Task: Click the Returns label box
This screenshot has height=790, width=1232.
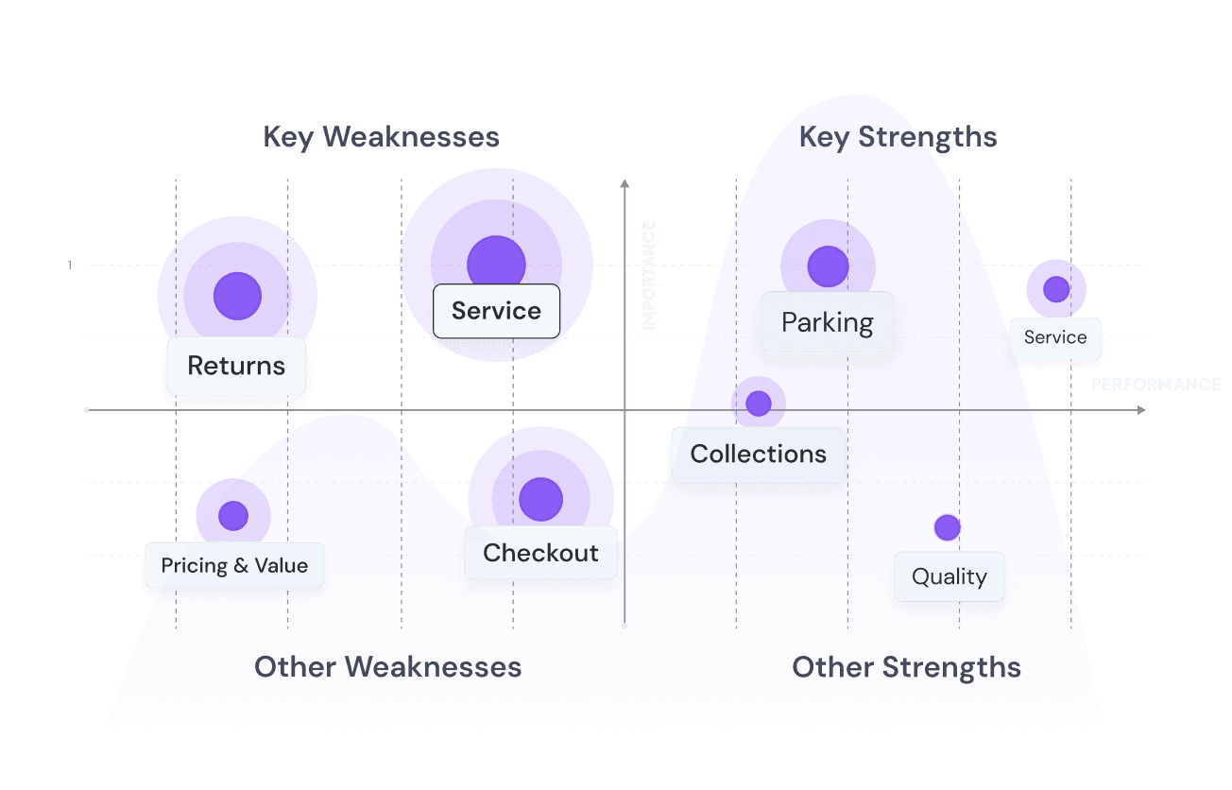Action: click(236, 366)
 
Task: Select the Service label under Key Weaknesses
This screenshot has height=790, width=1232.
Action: click(496, 311)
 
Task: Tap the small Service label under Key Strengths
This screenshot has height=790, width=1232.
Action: click(1055, 337)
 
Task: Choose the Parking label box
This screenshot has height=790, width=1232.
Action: click(828, 322)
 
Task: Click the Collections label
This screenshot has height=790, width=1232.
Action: click(758, 454)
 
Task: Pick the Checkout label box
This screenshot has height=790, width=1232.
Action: click(540, 553)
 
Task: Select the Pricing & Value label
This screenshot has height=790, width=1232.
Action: click(234, 566)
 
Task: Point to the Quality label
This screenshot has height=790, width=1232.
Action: click(949, 576)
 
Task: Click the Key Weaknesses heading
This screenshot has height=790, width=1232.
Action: click(381, 137)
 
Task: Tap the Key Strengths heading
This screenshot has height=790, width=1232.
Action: click(898, 137)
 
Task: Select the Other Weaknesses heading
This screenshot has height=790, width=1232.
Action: click(387, 667)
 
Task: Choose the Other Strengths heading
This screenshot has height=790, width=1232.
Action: click(906, 667)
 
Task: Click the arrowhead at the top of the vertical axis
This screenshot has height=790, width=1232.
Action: click(625, 180)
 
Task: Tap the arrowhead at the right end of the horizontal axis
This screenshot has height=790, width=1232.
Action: click(1141, 410)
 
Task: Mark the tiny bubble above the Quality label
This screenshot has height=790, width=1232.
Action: click(947, 527)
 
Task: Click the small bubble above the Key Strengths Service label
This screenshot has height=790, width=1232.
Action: click(1055, 288)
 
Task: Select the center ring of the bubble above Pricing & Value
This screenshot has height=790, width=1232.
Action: click(232, 516)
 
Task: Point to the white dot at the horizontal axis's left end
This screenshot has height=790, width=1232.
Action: click(86, 410)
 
